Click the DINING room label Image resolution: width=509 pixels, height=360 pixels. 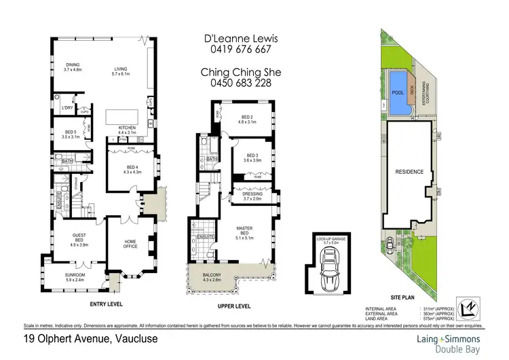(72, 67)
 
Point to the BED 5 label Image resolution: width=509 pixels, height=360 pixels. (71, 134)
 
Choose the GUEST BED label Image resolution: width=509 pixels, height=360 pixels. (79, 238)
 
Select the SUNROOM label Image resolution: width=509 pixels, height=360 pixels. (75, 276)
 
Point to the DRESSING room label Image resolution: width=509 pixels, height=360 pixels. (252, 196)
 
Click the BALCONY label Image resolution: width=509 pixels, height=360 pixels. (231, 275)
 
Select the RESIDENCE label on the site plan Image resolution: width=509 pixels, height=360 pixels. (410, 172)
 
